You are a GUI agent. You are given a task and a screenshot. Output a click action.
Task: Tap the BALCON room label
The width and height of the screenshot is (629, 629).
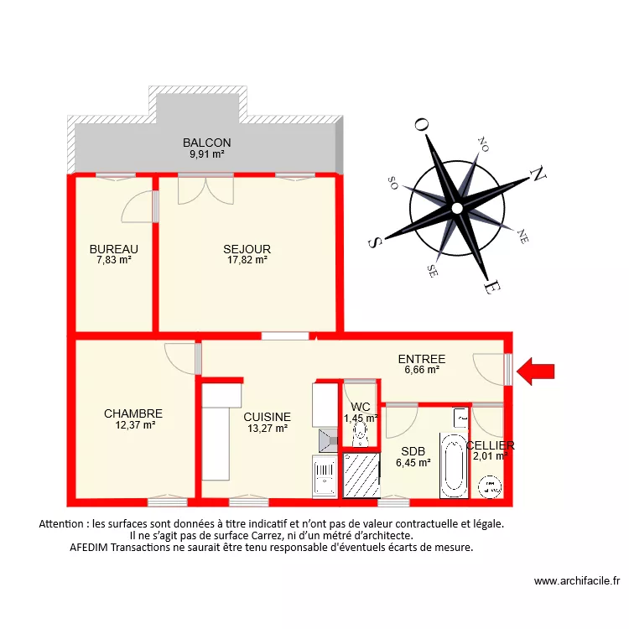pyautogui.click(x=206, y=143)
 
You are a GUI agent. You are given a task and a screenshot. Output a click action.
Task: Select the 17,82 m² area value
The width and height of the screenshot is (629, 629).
pyautogui.click(x=247, y=260)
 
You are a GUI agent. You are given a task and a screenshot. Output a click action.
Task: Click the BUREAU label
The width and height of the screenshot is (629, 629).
pyautogui.click(x=114, y=249)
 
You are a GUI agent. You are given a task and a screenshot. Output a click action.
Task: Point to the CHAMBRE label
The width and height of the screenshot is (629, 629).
pyautogui.click(x=133, y=413)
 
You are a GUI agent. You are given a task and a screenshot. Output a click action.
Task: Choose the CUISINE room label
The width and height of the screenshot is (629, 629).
pyautogui.click(x=268, y=417)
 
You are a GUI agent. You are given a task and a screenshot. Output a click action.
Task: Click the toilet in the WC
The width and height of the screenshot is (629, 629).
pyautogui.click(x=361, y=434)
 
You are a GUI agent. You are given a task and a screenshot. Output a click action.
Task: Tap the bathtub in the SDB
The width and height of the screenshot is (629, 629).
pyautogui.click(x=453, y=462)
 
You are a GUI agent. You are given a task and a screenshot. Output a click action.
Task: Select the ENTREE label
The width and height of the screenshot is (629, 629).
pyautogui.click(x=421, y=359)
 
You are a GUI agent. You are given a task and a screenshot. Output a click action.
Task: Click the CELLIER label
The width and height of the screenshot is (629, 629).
pyautogui.click(x=490, y=445)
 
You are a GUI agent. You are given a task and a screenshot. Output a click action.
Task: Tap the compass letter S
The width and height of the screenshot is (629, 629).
pyautogui.click(x=375, y=241)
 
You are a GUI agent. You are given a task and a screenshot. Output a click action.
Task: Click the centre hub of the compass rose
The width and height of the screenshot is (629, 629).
pyautogui.click(x=456, y=207)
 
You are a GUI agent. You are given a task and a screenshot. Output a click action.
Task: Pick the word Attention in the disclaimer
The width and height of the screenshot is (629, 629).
pyautogui.click(x=63, y=523)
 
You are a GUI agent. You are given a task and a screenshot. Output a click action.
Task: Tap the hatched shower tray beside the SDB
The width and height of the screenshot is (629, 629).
pyautogui.click(x=361, y=476)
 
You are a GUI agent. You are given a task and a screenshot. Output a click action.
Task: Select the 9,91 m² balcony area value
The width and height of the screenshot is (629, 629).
pyautogui.click(x=206, y=153)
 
